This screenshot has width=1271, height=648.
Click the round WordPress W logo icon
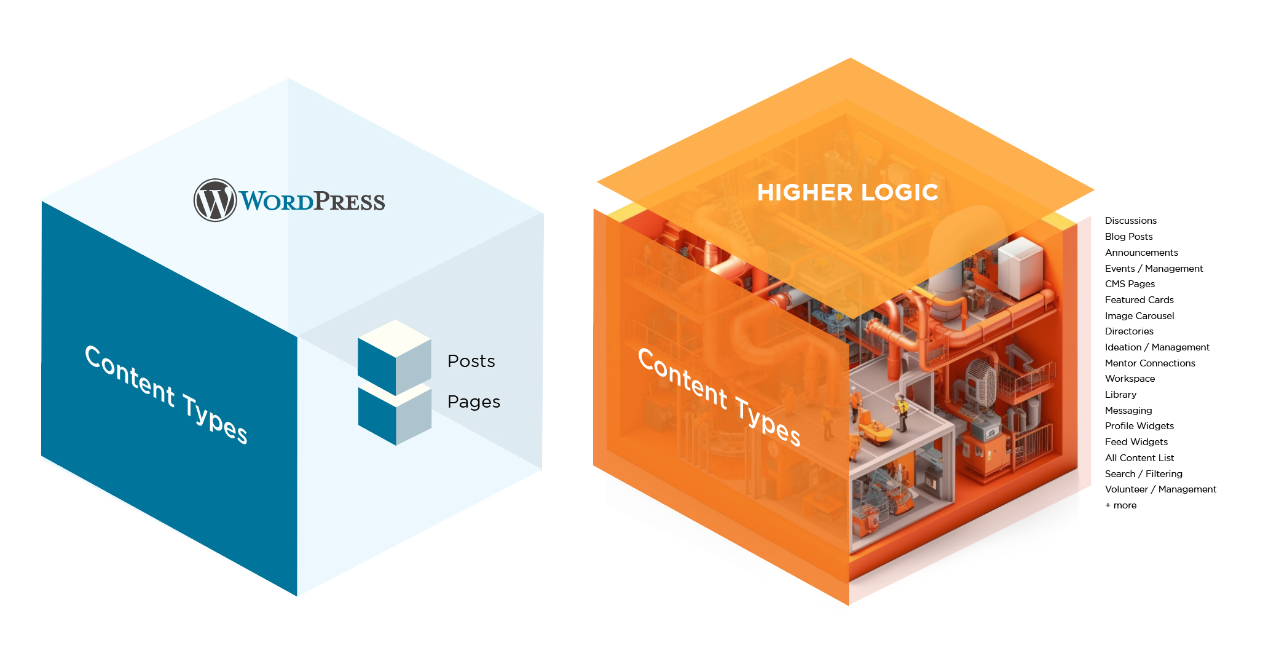point(215,200)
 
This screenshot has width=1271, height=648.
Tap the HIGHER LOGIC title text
point(848,192)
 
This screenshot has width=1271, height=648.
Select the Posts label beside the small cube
point(471,361)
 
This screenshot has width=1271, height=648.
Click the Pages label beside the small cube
point(473,401)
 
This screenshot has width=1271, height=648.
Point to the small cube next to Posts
point(394,357)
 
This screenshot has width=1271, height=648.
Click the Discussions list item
point(1130,221)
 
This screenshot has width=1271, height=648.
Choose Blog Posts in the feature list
point(1128,237)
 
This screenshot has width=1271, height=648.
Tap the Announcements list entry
point(1141,253)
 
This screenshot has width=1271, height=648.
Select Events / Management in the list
point(1154,269)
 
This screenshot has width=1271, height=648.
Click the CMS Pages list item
point(1130,284)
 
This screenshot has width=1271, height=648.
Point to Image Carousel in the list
point(1139,316)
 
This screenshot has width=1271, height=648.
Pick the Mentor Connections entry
point(1150,363)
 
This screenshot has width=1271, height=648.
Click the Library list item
point(1120,395)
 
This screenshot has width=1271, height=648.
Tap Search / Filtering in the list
point(1143,474)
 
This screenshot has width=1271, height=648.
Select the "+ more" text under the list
point(1120,505)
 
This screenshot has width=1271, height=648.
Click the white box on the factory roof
point(1020,266)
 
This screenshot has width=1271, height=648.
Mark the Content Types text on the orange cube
point(719,397)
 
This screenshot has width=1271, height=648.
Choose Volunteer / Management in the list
point(1160,489)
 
